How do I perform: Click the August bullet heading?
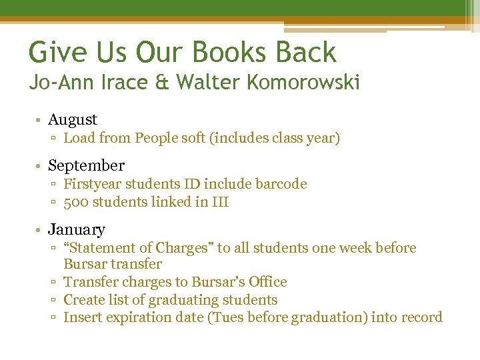point(73,120)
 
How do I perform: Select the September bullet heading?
point(86,165)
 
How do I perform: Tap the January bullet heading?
point(77,230)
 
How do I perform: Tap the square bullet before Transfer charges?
point(54,283)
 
